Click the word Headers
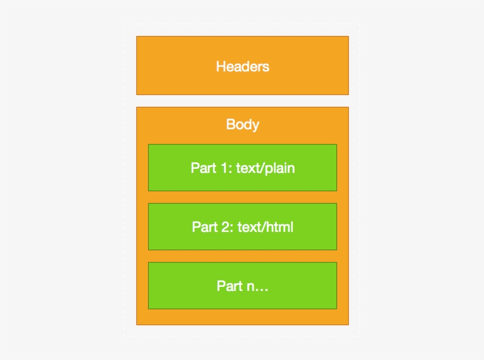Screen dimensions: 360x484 (243, 66)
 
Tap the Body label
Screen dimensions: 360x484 (243, 125)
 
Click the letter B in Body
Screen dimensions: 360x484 (230, 125)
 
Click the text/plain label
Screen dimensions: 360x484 (265, 168)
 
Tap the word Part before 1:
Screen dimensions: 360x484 (201, 168)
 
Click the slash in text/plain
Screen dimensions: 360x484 (263, 168)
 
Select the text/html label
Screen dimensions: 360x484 (265, 227)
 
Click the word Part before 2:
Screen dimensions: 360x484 (202, 227)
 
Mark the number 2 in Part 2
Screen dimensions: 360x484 (225, 227)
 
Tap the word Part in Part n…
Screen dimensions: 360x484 (227, 286)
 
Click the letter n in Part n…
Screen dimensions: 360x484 (248, 287)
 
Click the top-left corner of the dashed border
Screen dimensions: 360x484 (125, 25)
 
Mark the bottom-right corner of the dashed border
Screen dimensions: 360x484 (359, 336)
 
